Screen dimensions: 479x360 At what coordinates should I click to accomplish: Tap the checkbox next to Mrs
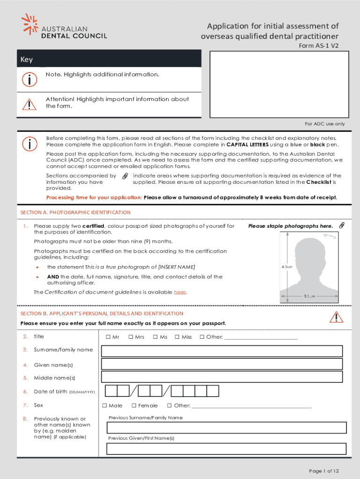pyautogui.click(x=131, y=337)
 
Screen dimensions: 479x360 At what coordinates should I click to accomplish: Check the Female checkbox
pyautogui.click(x=134, y=406)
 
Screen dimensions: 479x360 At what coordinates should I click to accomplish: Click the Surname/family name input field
pyautogui.click(x=222, y=351)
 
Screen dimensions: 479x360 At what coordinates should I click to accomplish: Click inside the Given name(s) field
pyautogui.click(x=222, y=364)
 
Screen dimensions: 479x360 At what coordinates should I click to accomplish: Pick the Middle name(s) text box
pyautogui.click(x=222, y=377)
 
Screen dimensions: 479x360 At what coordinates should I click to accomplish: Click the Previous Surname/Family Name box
pyautogui.click(x=226, y=428)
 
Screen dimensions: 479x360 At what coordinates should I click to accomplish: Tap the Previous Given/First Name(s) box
pyautogui.click(x=226, y=449)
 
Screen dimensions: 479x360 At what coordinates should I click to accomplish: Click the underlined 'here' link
pyautogui.click(x=180, y=292)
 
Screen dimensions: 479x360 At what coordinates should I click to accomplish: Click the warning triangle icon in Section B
pyautogui.click(x=336, y=318)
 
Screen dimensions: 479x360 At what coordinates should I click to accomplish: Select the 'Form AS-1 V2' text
pyautogui.click(x=318, y=46)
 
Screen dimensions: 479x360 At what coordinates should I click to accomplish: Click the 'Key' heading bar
pyautogui.click(x=109, y=59)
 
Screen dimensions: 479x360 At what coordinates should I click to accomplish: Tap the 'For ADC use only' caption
pyautogui.click(x=325, y=124)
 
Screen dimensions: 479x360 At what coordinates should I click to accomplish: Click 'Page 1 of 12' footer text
pyautogui.click(x=324, y=471)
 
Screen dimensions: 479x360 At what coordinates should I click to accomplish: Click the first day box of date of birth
pyautogui.click(x=111, y=391)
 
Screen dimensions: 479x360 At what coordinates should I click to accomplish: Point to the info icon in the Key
pyautogui.click(x=29, y=80)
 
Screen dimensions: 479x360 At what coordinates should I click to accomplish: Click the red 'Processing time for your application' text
pyautogui.click(x=94, y=197)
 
